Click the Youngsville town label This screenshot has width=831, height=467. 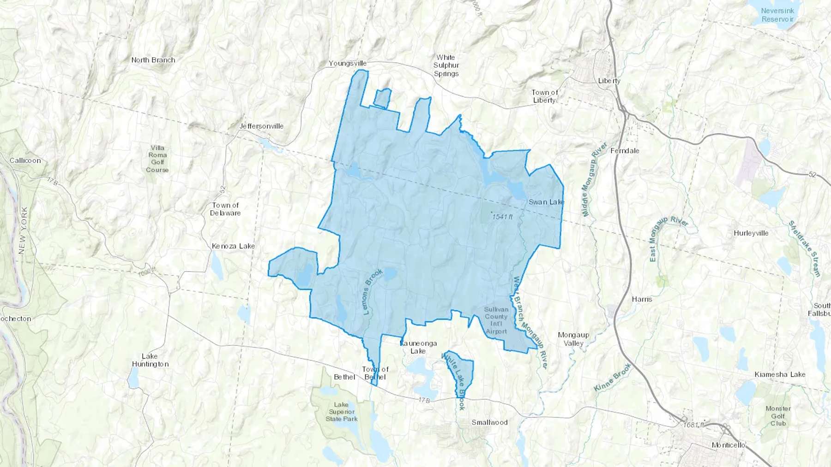348,63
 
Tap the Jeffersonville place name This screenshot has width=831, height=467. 261,126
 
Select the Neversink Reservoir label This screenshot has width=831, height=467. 777,15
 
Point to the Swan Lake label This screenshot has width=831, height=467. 546,202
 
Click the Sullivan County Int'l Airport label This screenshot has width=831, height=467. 496,320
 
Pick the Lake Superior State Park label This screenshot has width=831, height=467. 341,412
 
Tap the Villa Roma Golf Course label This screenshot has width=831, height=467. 157,159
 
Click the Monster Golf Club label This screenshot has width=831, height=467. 778,415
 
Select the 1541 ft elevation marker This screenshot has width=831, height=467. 502,217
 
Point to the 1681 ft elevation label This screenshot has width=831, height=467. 694,425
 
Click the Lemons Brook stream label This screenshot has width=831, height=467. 373,292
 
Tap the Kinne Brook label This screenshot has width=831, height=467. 612,378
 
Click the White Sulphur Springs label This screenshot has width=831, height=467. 446,65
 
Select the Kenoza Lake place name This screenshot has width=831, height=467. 233,246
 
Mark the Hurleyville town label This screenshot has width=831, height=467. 751,233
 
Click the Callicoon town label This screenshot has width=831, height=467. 25,160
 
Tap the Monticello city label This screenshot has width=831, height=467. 729,445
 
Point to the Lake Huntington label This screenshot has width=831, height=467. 150,360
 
